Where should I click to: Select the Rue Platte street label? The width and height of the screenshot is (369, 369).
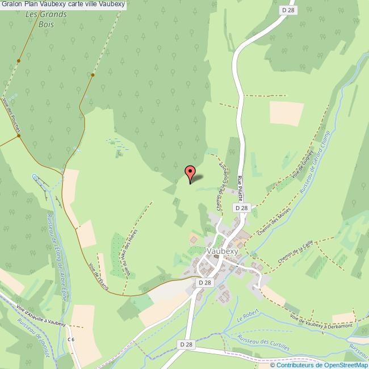pyautogui.click(x=241, y=187)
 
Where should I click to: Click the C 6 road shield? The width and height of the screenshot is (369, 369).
pyautogui.click(x=71, y=339)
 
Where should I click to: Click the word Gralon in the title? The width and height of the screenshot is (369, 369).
pyautogui.click(x=11, y=5)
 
